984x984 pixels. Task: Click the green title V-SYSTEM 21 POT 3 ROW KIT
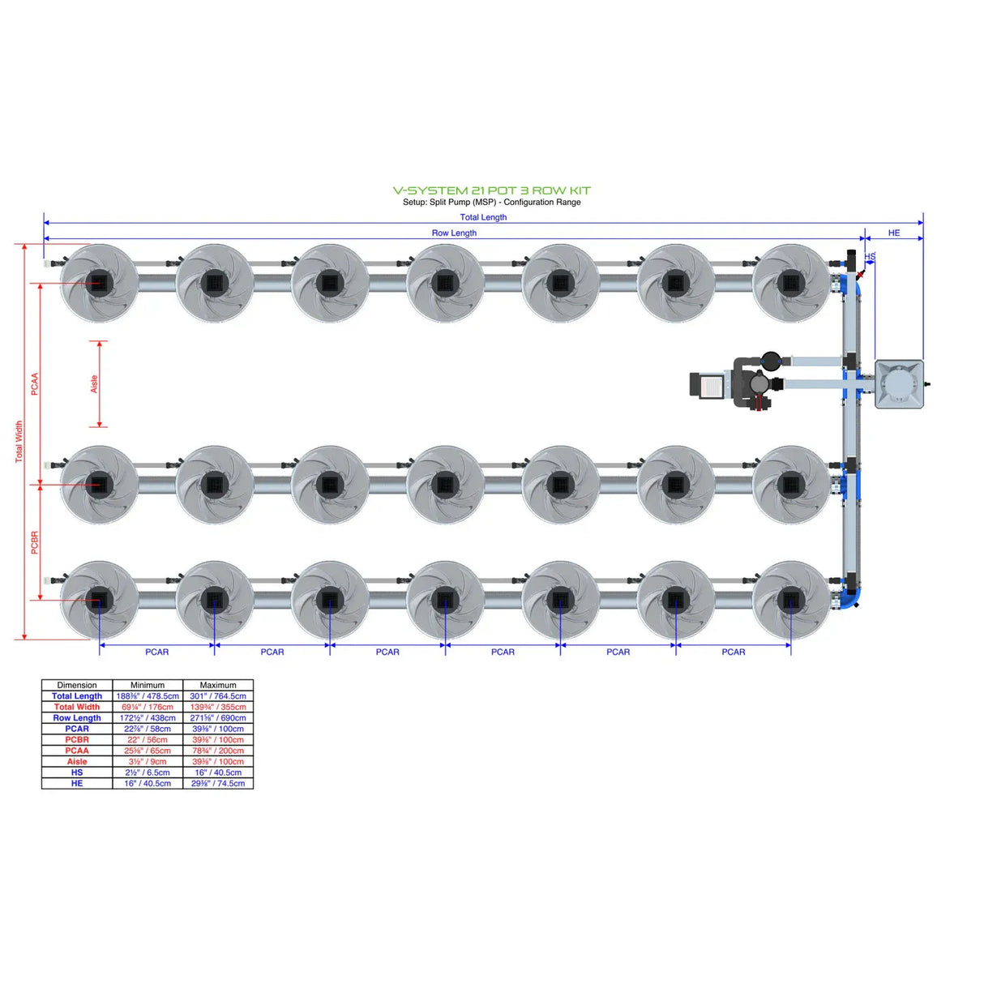point(491,190)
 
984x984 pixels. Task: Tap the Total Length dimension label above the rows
point(483,217)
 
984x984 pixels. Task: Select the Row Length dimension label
point(454,233)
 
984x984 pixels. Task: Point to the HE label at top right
point(893,233)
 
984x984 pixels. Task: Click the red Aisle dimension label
point(94,384)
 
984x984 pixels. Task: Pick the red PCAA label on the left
point(35,384)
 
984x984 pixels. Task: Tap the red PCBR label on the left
point(35,542)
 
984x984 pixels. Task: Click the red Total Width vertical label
point(19,442)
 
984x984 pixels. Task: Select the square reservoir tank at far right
point(899,384)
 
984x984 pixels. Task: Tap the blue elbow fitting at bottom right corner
point(851,598)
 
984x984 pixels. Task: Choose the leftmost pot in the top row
point(99,283)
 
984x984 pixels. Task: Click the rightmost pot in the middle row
point(790,485)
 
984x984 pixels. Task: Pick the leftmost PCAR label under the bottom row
point(156,652)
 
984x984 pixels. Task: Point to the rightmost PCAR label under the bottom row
point(733,652)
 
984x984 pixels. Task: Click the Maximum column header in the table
point(218,685)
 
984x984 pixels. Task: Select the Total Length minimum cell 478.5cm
point(148,696)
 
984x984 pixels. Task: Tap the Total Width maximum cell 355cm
point(218,707)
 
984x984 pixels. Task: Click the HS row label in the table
point(77,772)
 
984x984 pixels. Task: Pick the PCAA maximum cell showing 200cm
point(218,751)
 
